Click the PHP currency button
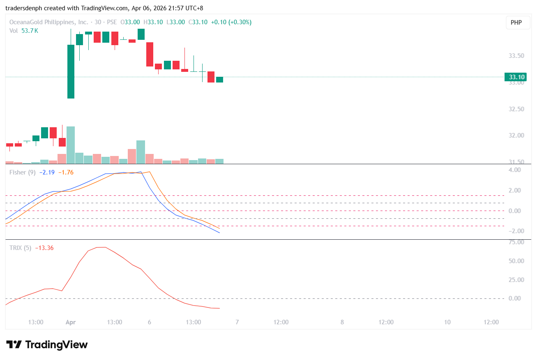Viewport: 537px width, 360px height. coord(516,23)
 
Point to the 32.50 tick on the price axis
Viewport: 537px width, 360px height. coord(517,109)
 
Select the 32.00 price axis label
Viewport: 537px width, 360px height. coord(517,135)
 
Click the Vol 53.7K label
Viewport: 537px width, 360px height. coord(24,30)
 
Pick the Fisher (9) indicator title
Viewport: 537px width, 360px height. coord(22,172)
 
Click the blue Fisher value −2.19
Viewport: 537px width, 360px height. coord(47,172)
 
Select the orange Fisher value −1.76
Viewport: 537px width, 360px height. coord(66,172)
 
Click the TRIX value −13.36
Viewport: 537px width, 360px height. coord(44,248)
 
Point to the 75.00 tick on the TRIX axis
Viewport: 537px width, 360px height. coord(516,242)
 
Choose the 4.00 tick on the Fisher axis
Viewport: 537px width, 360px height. coord(515,170)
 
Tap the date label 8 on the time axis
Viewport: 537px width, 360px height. coord(342,322)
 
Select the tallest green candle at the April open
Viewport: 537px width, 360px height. coord(71,71)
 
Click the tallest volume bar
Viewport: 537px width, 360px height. coord(71,145)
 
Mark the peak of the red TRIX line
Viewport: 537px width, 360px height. coord(101,247)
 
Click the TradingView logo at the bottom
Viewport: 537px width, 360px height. coord(47,344)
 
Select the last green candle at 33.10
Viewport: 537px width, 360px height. coord(219,80)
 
